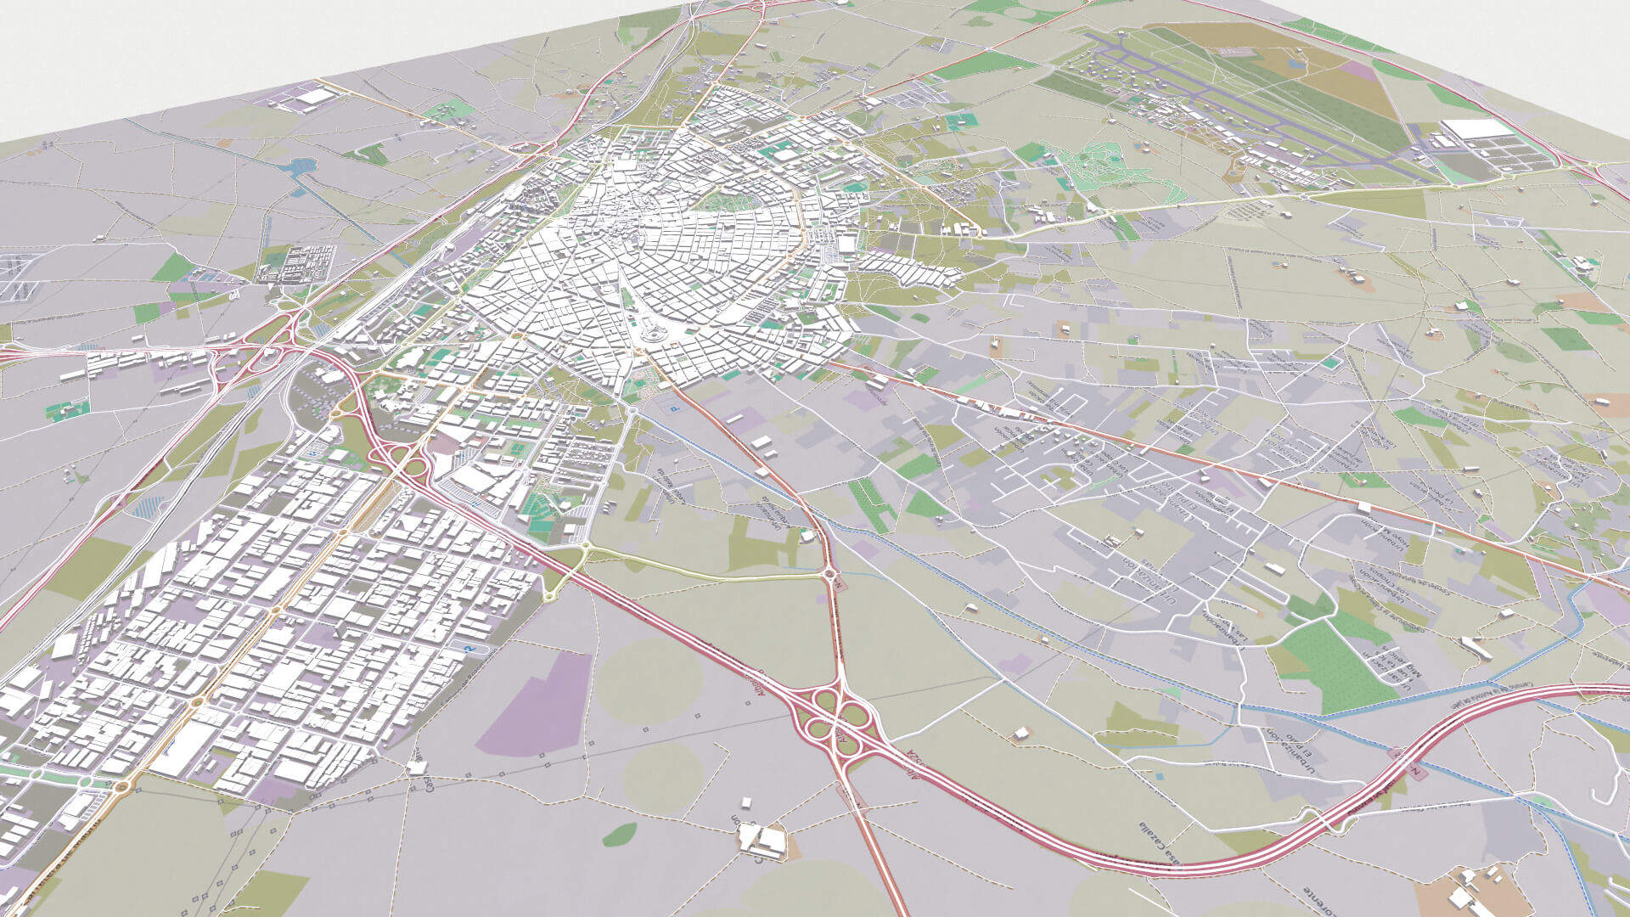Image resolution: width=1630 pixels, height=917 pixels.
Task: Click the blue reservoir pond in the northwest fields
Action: pyautogui.click(x=299, y=166)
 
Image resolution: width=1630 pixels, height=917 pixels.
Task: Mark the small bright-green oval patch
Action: pyautogui.click(x=620, y=834)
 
